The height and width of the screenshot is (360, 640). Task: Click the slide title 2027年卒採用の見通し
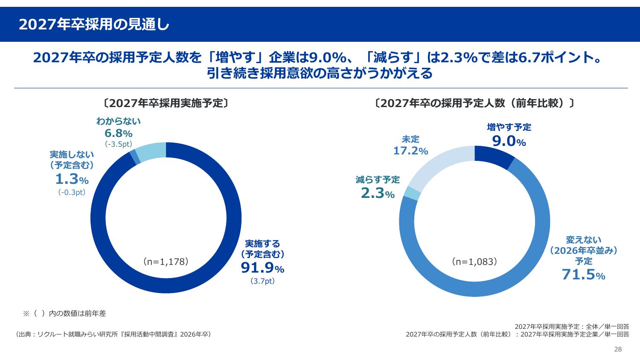pos(94,25)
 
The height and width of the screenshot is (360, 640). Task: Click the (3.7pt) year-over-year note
pos(262,282)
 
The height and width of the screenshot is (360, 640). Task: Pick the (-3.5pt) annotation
pos(118,144)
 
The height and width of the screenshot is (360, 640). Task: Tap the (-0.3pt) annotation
pos(72,192)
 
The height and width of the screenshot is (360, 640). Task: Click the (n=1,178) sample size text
pos(166,261)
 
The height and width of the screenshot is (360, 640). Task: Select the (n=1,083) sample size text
pos(474,261)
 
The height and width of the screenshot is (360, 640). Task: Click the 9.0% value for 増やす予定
pos(509,141)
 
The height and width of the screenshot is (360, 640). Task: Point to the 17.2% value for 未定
pos(410,151)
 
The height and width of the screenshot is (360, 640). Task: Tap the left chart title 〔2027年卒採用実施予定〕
pos(166,103)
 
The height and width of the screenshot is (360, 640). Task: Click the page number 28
pos(618,349)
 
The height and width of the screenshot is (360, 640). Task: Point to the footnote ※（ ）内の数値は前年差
pos(64,314)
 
